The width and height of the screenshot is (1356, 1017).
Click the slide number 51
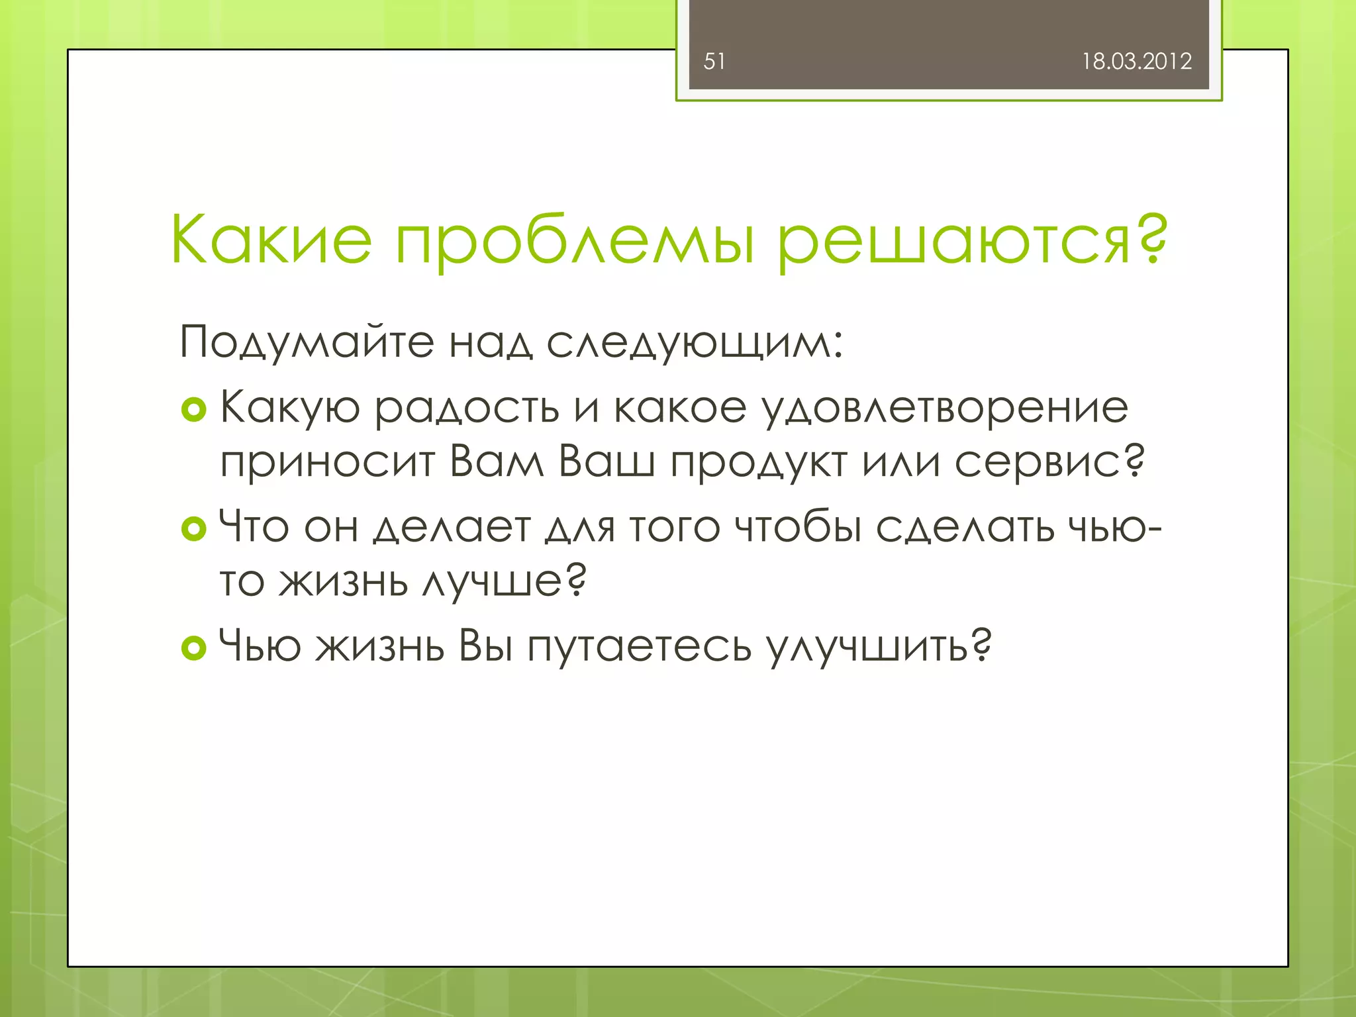point(714,62)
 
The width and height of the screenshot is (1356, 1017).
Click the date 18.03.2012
point(1136,62)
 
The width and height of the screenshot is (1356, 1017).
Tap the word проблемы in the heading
point(575,242)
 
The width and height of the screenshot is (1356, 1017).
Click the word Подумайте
point(307,343)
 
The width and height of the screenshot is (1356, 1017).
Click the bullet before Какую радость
point(193,411)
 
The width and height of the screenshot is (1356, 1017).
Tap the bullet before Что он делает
point(193,529)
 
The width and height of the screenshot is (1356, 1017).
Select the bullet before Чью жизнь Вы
point(193,648)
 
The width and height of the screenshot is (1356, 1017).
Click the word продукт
point(759,462)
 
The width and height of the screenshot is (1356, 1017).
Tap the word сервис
point(1040,462)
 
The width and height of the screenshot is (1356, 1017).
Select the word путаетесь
point(640,647)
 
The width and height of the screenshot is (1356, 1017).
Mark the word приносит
point(327,462)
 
